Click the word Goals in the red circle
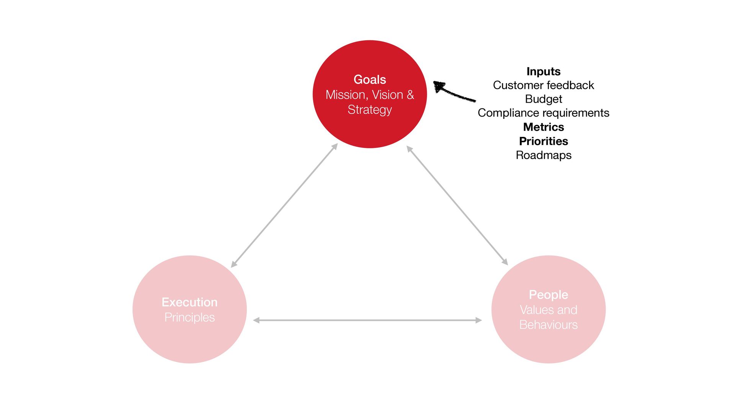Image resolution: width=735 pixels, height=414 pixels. [369, 79]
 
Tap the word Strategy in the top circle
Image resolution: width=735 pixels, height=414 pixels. [369, 110]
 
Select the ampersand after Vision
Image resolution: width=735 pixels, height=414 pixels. [410, 95]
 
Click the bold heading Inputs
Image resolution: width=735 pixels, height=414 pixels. [543, 72]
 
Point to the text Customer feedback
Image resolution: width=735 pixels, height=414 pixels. [543, 85]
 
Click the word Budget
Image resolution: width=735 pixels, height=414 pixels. [543, 99]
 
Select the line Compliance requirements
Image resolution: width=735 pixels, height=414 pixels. [543, 113]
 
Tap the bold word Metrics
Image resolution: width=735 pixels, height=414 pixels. [543, 127]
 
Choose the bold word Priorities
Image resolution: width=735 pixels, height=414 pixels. [543, 141]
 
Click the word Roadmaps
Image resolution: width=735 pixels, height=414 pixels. [543, 155]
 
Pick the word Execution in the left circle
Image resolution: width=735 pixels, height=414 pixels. [189, 302]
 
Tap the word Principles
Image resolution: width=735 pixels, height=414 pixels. [189, 318]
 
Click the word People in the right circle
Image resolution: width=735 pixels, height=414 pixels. [548, 295]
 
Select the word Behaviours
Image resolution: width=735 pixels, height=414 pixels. [548, 325]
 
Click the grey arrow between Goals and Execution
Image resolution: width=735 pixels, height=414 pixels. [284, 205]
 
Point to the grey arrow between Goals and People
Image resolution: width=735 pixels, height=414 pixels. [457, 205]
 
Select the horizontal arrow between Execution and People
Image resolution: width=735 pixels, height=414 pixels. [367, 320]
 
